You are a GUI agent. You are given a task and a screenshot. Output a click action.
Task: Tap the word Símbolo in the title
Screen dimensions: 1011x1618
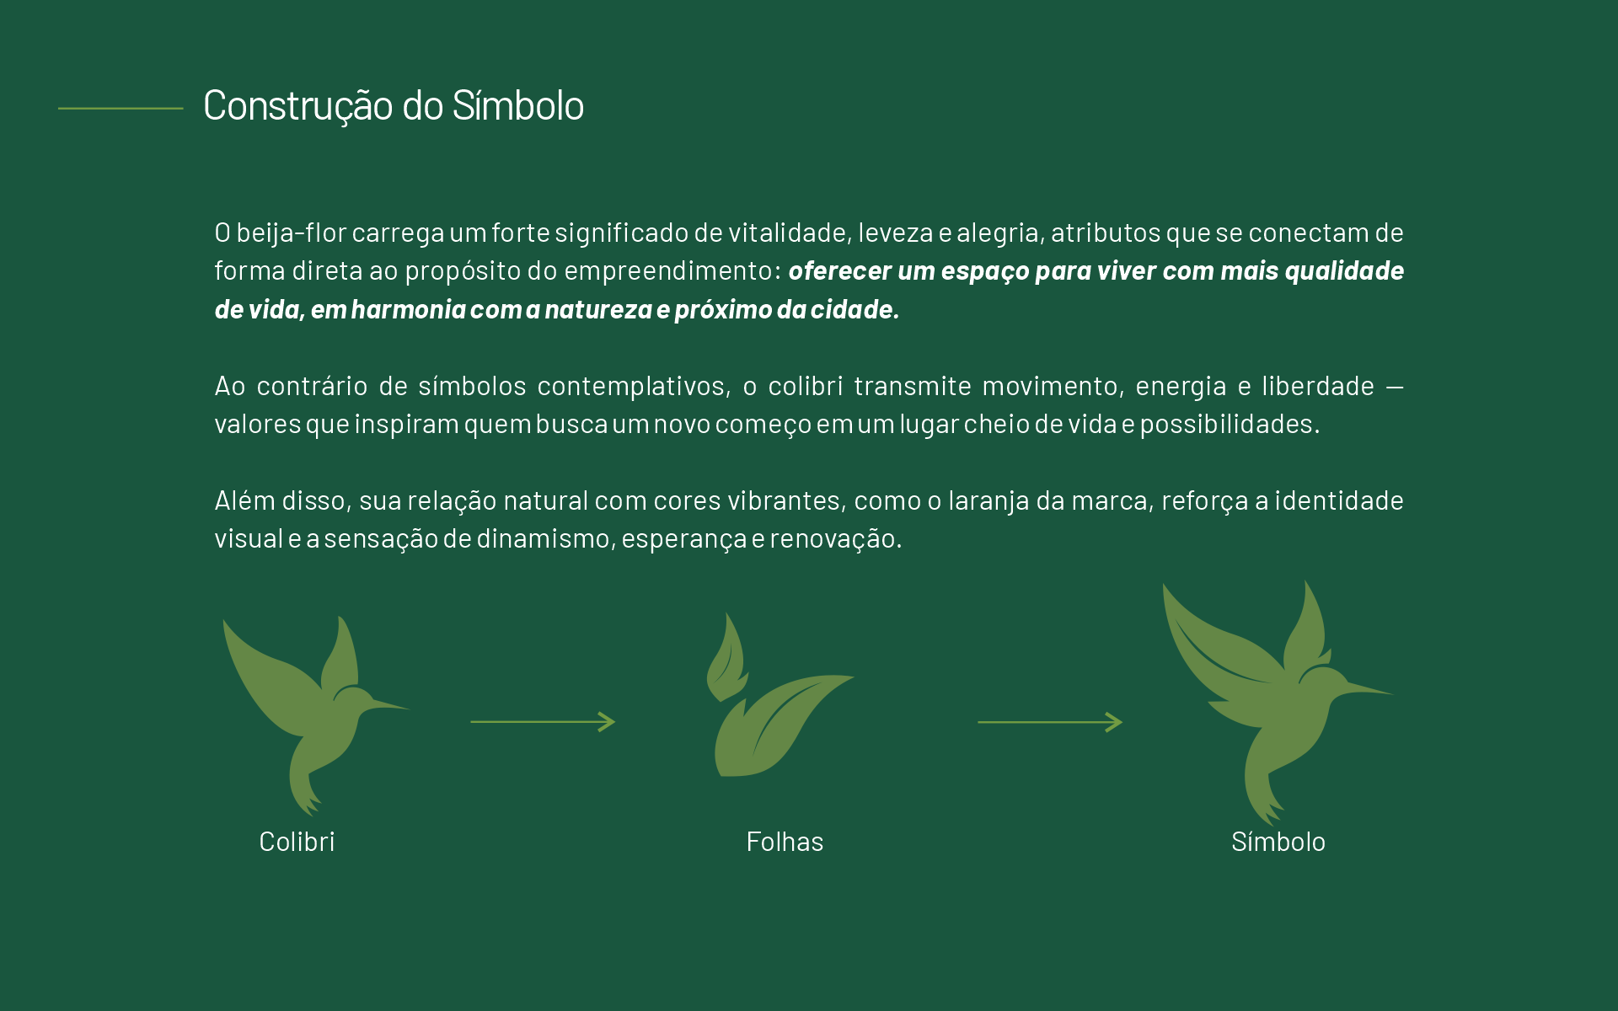coord(517,106)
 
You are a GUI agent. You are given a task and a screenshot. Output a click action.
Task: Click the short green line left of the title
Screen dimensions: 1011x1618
coord(121,108)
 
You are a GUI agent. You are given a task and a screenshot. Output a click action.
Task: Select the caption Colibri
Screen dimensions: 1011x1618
coord(297,842)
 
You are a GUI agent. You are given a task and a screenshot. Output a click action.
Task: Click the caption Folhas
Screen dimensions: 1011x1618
coord(785,842)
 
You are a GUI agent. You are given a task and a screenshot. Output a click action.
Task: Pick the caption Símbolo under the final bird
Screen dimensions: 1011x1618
coord(1278,842)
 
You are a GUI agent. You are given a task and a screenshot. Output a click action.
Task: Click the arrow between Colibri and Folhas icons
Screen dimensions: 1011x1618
coord(543,722)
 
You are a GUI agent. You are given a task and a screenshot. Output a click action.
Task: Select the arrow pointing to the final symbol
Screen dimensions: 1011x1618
coord(1049,722)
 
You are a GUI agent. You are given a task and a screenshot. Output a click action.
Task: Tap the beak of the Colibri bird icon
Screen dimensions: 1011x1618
coord(389,704)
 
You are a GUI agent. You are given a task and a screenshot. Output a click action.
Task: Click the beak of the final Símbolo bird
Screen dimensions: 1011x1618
coord(1369,689)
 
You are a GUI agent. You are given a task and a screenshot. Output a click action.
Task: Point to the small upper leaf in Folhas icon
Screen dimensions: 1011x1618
coord(726,662)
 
